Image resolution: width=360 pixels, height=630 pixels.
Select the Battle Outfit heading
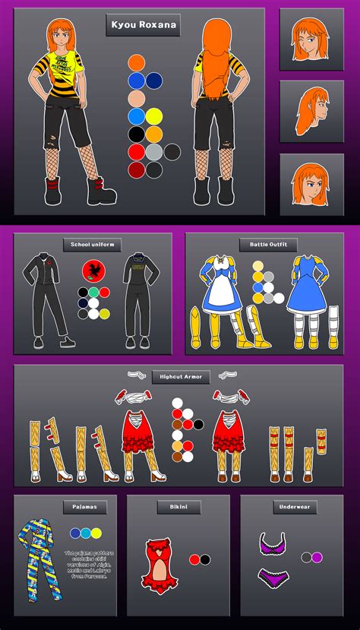257,245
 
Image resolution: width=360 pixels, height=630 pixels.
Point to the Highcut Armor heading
180,376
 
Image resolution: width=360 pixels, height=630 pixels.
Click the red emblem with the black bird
93,271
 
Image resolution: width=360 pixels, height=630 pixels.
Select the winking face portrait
311,38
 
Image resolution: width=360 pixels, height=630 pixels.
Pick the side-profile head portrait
311,111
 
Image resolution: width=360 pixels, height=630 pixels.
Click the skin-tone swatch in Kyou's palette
137,99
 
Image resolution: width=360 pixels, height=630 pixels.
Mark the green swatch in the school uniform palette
93,292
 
